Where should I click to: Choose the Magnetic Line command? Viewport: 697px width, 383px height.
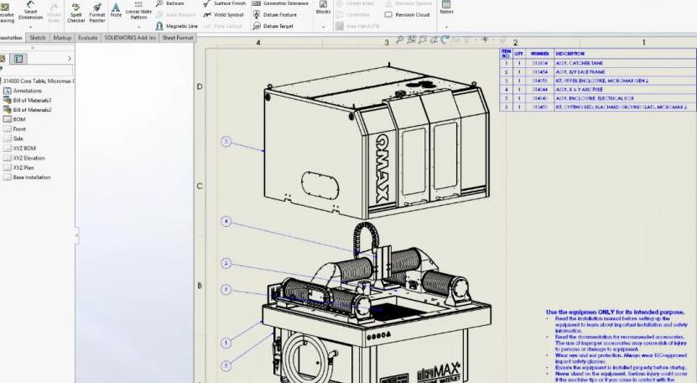pyautogui.click(x=177, y=26)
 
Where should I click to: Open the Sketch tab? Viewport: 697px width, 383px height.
pyautogui.click(x=38, y=38)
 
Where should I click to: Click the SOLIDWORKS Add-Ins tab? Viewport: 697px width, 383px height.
pyautogui.click(x=130, y=38)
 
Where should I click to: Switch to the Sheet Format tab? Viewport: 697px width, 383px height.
pyautogui.click(x=178, y=38)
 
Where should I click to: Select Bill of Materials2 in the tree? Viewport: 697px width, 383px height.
pyautogui.click(x=32, y=109)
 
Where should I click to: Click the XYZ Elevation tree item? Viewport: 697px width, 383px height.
pyautogui.click(x=29, y=158)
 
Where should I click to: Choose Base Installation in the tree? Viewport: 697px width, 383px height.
pyautogui.click(x=32, y=177)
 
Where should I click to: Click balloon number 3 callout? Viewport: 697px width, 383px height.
pyautogui.click(x=226, y=141)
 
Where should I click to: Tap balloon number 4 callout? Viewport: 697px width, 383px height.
pyautogui.click(x=226, y=222)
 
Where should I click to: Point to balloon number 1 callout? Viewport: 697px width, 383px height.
pyautogui.click(x=226, y=343)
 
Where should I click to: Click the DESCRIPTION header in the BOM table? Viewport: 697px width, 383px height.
pyautogui.click(x=570, y=53)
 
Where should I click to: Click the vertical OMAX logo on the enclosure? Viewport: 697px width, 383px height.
pyautogui.click(x=382, y=168)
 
